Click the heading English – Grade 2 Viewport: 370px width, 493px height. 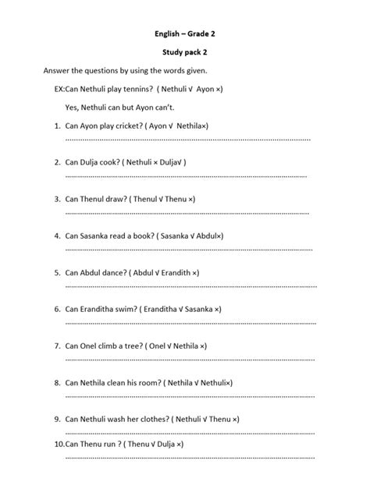coord(185,34)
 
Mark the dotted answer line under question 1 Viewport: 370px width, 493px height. coord(187,139)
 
